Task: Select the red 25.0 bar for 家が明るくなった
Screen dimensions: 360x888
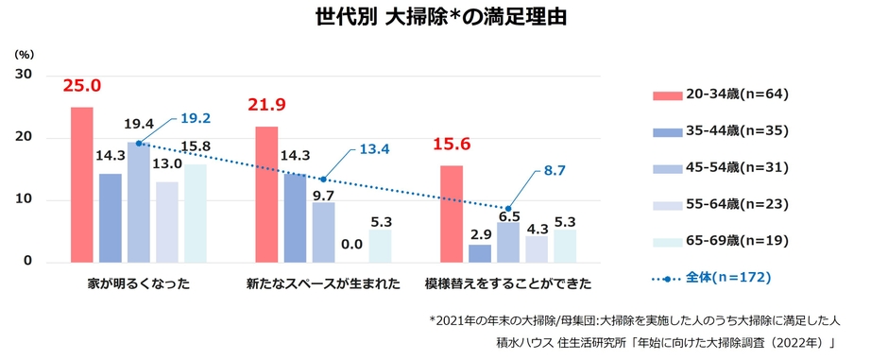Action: pyautogui.click(x=82, y=184)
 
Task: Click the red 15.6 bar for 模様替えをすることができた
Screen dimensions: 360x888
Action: pyautogui.click(x=452, y=214)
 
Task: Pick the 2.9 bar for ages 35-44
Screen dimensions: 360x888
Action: pyautogui.click(x=480, y=253)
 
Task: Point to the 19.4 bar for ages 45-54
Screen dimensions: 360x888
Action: pyautogui.click(x=139, y=202)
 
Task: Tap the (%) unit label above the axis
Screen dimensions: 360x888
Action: pyautogui.click(x=24, y=54)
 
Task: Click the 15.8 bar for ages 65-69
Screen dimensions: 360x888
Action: pyautogui.click(x=196, y=214)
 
